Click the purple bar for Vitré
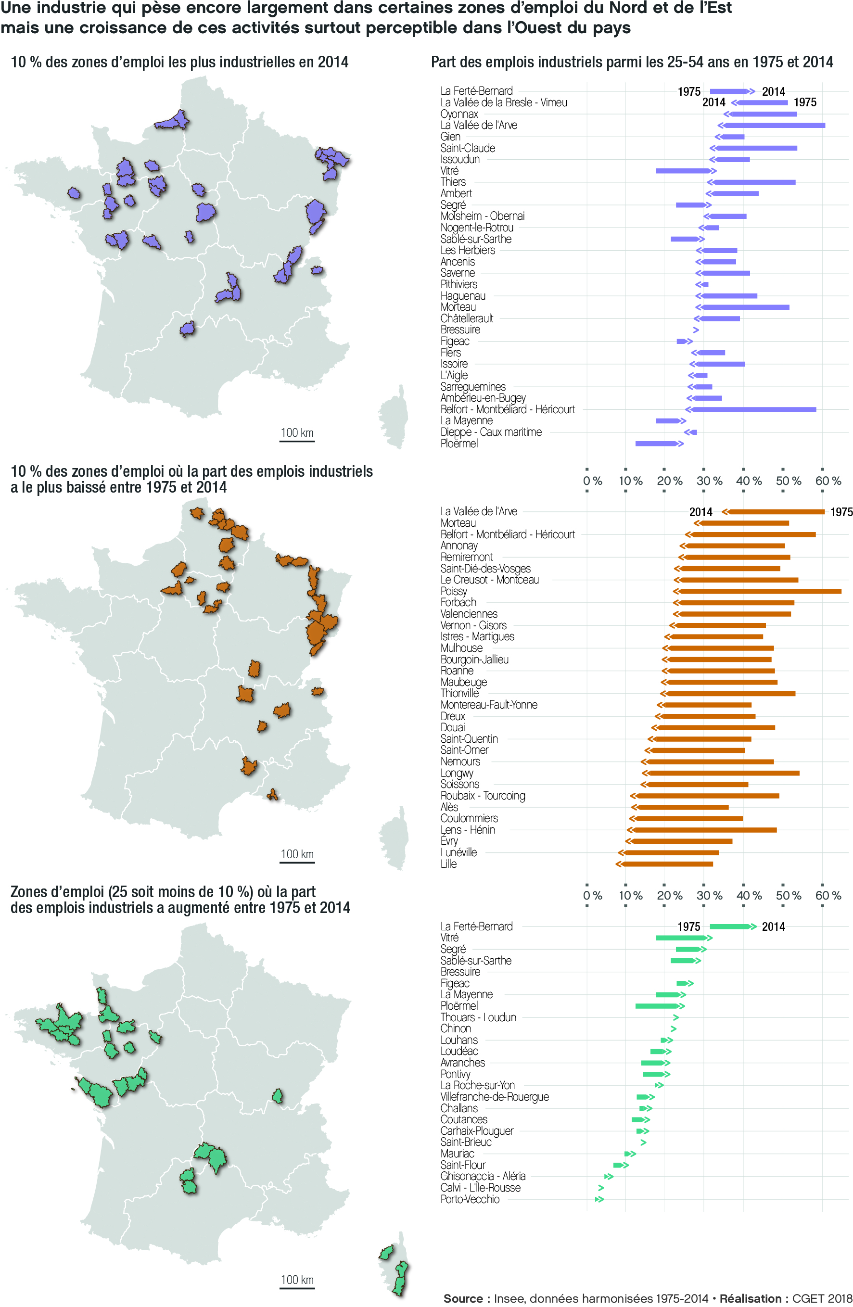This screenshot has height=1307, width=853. (683, 171)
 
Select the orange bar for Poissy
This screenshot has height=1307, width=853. (758, 591)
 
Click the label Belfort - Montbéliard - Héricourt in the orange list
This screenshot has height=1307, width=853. (507, 534)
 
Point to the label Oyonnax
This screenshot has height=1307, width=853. (458, 114)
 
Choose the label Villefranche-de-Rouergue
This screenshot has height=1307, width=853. (494, 1097)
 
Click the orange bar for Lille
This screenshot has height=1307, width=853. (666, 864)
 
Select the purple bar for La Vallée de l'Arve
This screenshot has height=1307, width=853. (773, 125)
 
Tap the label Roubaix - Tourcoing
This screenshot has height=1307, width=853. (482, 796)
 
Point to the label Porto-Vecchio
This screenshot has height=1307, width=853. (470, 1199)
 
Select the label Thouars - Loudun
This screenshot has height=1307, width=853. (478, 1017)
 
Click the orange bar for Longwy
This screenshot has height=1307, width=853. (722, 773)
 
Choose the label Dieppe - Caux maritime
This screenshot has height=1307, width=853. (491, 432)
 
